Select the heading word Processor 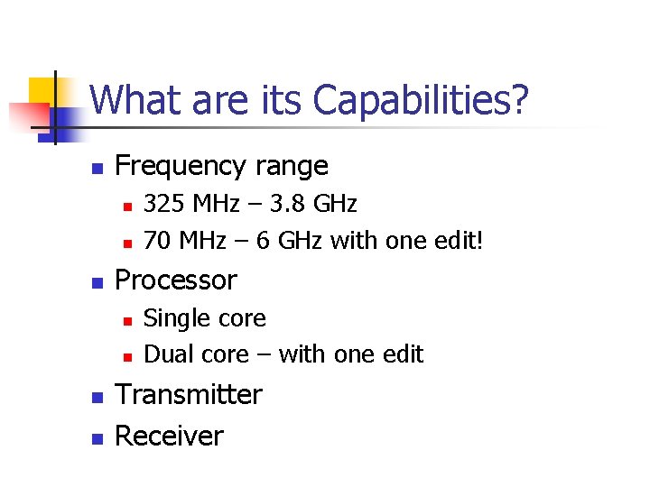pos(176,280)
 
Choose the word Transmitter pos(189,395)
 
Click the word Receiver pos(170,436)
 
